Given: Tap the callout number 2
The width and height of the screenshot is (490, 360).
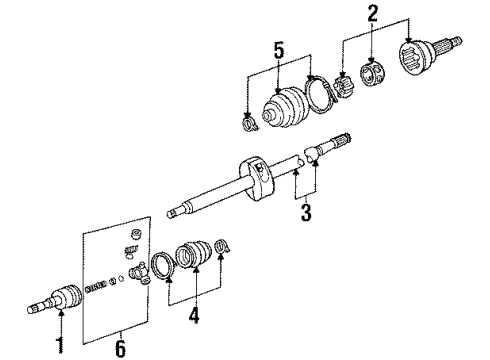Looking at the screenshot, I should pyautogui.click(x=373, y=13).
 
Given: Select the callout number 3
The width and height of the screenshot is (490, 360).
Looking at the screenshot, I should pyautogui.click(x=306, y=212).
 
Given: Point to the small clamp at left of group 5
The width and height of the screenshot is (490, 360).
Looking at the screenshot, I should pyautogui.click(x=247, y=123).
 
